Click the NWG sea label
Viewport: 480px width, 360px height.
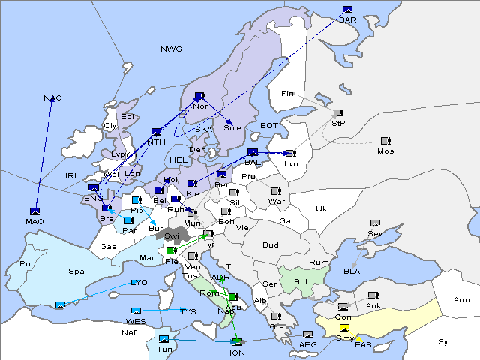click(x=171, y=49)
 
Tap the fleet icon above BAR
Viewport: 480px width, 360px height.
click(x=347, y=10)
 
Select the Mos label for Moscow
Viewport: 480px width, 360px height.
click(x=385, y=151)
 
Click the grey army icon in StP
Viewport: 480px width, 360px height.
click(x=337, y=113)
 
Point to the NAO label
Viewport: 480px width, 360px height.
click(x=52, y=98)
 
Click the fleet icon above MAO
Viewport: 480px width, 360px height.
click(x=34, y=211)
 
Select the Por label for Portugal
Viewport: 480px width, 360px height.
click(x=28, y=264)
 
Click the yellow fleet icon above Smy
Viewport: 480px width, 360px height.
click(x=344, y=328)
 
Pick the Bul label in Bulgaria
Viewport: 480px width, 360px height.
click(x=301, y=282)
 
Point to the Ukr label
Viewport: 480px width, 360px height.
click(x=323, y=208)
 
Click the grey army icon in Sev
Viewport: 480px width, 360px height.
click(x=375, y=223)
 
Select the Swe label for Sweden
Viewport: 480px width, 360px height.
click(x=232, y=128)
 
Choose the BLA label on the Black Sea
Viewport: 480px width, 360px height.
click(x=352, y=271)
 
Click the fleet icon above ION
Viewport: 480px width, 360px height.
click(x=237, y=343)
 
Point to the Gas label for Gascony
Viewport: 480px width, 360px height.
click(x=109, y=247)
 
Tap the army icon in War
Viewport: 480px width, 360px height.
click(x=276, y=191)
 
